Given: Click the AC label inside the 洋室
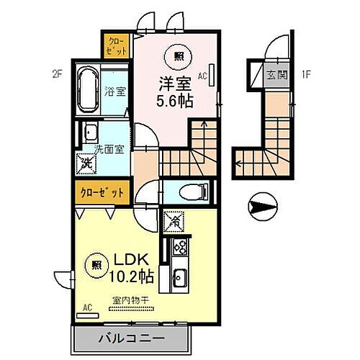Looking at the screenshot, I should [202, 75].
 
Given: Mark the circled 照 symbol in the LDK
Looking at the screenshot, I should [96, 264].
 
